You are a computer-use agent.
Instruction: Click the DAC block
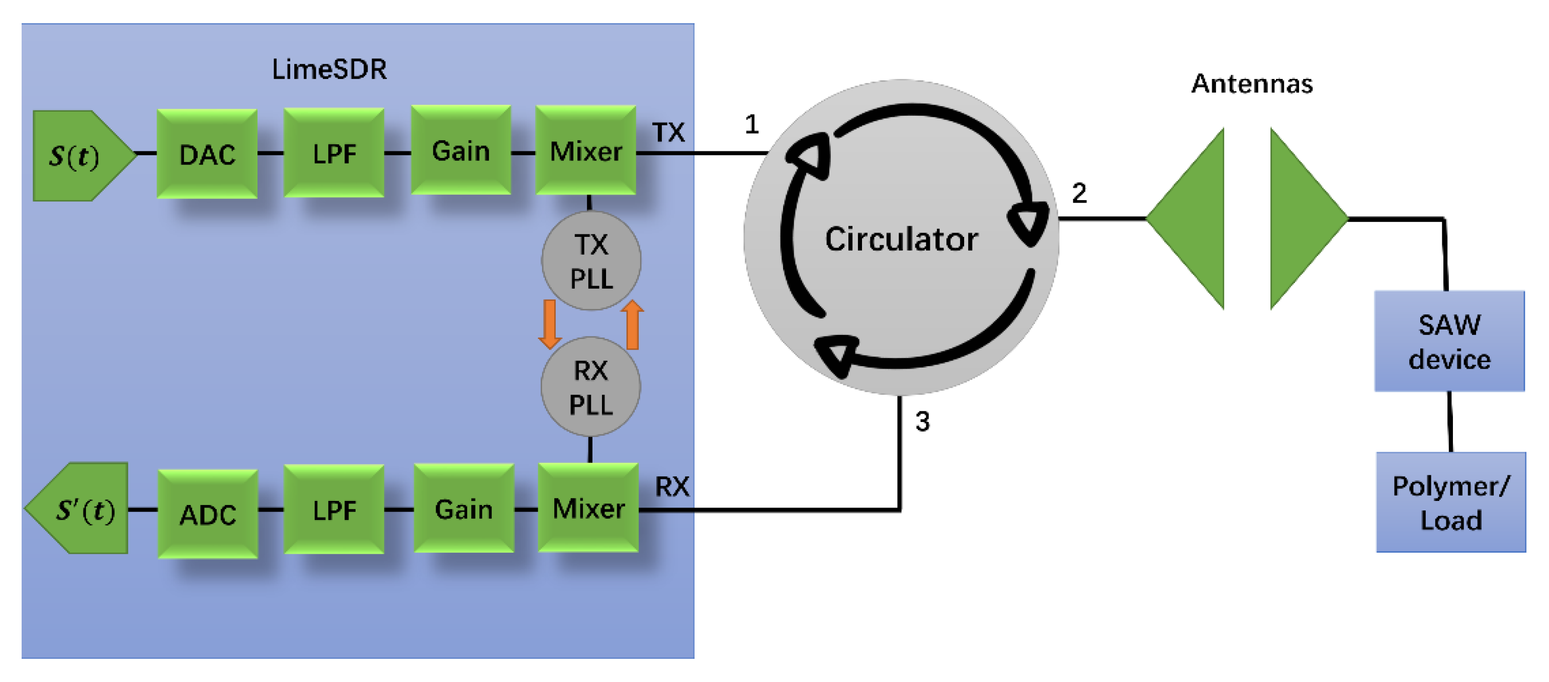tap(207, 154)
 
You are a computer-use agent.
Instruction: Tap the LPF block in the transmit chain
tap(334, 153)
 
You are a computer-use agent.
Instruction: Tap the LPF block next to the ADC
tap(334, 509)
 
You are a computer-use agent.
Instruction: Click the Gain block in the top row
tap(461, 150)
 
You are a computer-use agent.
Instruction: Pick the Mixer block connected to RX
tap(588, 507)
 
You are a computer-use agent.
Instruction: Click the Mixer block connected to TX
tap(586, 150)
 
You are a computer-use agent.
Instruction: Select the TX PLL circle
tap(591, 261)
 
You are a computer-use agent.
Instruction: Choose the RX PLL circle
tap(590, 387)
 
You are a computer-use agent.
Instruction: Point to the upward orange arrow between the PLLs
tap(632, 324)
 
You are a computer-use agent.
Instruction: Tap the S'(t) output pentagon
tap(81, 509)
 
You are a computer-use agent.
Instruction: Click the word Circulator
tap(901, 239)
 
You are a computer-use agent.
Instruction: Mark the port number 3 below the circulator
tap(922, 421)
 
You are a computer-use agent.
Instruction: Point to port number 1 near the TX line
tap(752, 125)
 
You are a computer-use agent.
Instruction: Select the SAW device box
tap(1449, 341)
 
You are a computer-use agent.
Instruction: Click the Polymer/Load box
tap(1450, 502)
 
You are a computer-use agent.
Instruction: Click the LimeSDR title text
tap(329, 69)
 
